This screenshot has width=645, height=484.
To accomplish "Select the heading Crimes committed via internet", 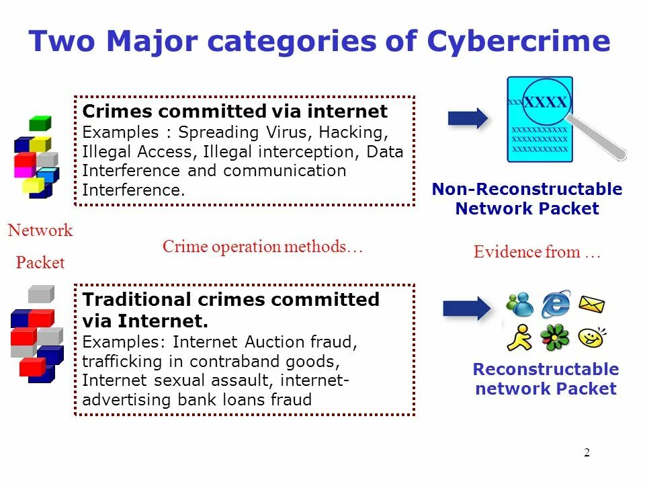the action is pos(234,111).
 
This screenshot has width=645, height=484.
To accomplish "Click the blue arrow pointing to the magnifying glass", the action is pos(468,118).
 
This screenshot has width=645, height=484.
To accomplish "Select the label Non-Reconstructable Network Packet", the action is pos(527,199).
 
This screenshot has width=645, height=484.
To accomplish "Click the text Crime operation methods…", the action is pos(263,247).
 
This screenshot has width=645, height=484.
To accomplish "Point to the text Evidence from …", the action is pos(536,253).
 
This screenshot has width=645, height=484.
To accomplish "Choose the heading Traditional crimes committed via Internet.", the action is pos(230,309).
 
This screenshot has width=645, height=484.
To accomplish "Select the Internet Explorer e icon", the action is pos(556,304).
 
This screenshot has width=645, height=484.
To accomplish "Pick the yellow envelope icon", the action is pos(591,305).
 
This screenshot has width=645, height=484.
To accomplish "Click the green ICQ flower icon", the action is pos(555,337).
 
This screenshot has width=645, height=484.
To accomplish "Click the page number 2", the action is pos(587,452).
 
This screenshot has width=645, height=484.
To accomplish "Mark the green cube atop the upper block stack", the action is pos(40,124).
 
